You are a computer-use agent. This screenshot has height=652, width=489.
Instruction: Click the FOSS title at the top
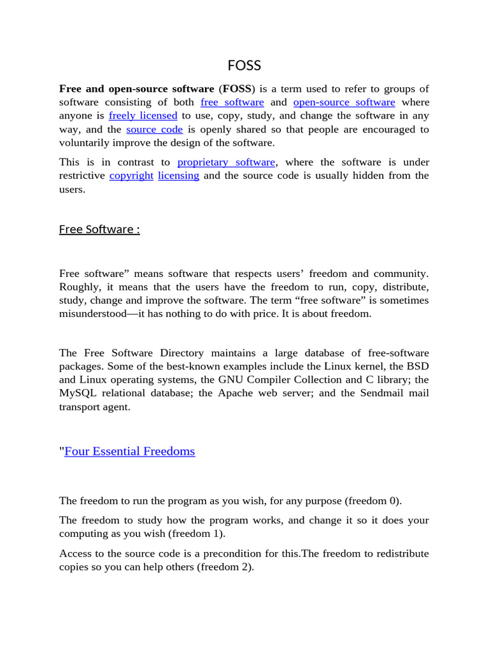pyautogui.click(x=244, y=66)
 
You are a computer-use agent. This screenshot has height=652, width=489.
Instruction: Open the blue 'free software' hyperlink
pyautogui.click(x=232, y=102)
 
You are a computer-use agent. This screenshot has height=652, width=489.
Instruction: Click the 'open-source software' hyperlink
pyautogui.click(x=344, y=102)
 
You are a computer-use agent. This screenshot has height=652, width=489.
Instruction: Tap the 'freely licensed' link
pyautogui.click(x=143, y=115)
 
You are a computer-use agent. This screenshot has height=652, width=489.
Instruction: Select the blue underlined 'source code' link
pyautogui.click(x=154, y=129)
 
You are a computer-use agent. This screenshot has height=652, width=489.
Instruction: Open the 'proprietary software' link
pyautogui.click(x=226, y=162)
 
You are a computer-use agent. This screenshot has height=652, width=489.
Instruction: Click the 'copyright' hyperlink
pyautogui.click(x=131, y=175)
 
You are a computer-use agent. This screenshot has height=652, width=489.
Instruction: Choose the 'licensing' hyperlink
pyautogui.click(x=178, y=175)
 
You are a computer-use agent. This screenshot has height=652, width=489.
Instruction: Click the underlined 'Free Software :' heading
pyautogui.click(x=99, y=229)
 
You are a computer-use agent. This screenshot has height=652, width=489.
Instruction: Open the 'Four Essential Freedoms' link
pyautogui.click(x=130, y=451)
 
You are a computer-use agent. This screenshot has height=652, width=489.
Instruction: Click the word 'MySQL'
pyautogui.click(x=77, y=393)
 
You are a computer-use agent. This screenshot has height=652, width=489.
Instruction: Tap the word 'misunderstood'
pyautogui.click(x=96, y=313)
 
